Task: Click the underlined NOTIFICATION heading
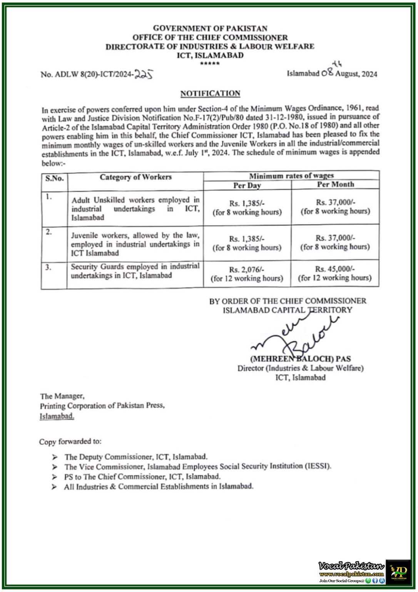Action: pos(210,94)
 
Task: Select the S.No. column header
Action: pos(54,178)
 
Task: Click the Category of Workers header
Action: pos(135,177)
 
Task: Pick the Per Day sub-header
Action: pos(247,185)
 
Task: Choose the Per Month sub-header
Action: pos(335,185)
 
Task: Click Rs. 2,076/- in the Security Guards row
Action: pos(247,269)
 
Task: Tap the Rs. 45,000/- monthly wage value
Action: pos(335,269)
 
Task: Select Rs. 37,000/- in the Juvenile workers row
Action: pos(335,238)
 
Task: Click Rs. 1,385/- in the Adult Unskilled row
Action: pos(247,203)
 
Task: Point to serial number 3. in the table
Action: pos(48,267)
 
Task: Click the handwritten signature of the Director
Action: pos(296,335)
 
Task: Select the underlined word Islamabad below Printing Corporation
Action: pos(57,416)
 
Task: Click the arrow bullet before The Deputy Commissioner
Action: pos(55,457)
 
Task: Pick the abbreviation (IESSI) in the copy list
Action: pos(318,466)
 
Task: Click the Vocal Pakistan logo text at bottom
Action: pos(351,566)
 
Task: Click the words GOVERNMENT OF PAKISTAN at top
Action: pos(210,28)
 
